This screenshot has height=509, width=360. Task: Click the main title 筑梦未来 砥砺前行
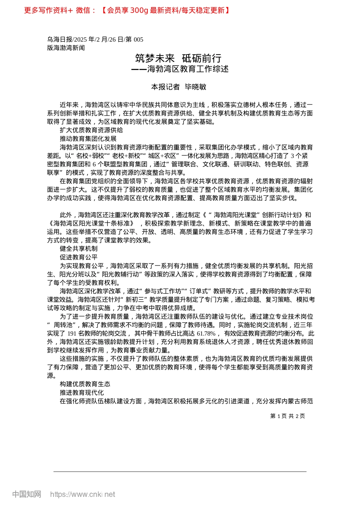178,58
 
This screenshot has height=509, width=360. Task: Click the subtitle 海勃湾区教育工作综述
188,69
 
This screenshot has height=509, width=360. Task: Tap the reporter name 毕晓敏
196,87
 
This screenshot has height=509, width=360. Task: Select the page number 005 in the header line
138,39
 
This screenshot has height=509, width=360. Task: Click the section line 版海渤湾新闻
66,48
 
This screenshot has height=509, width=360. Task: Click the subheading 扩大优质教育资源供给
91,130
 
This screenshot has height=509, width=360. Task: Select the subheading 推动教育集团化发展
88,139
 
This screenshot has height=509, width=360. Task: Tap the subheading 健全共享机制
79,249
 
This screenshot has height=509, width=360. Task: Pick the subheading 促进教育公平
79,257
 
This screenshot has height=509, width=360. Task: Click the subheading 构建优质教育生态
85,384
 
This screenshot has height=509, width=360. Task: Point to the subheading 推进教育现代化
82,392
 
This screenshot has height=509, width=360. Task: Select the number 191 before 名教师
72,334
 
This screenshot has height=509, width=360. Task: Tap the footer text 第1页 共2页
287,416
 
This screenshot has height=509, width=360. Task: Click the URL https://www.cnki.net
83,494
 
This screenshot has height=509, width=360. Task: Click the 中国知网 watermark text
27,494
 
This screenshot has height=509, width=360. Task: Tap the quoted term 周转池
63,325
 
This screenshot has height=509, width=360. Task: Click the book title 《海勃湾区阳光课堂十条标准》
91,223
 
